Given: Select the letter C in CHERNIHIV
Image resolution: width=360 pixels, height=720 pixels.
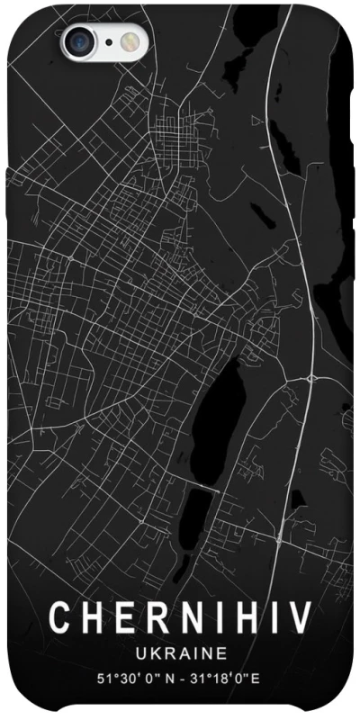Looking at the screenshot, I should (x=60, y=618).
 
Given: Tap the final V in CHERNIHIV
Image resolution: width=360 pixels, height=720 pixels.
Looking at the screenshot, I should (x=301, y=618).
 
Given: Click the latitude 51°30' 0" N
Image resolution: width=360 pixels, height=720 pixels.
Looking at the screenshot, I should (x=137, y=676).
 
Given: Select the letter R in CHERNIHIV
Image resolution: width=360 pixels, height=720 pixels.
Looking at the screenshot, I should (x=154, y=618).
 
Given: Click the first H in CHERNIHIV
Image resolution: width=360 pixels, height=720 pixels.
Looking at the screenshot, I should (x=92, y=618).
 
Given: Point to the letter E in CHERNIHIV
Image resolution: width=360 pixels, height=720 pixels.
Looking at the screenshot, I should (x=123, y=618).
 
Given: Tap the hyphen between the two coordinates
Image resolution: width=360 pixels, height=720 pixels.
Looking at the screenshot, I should (x=184, y=676).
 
